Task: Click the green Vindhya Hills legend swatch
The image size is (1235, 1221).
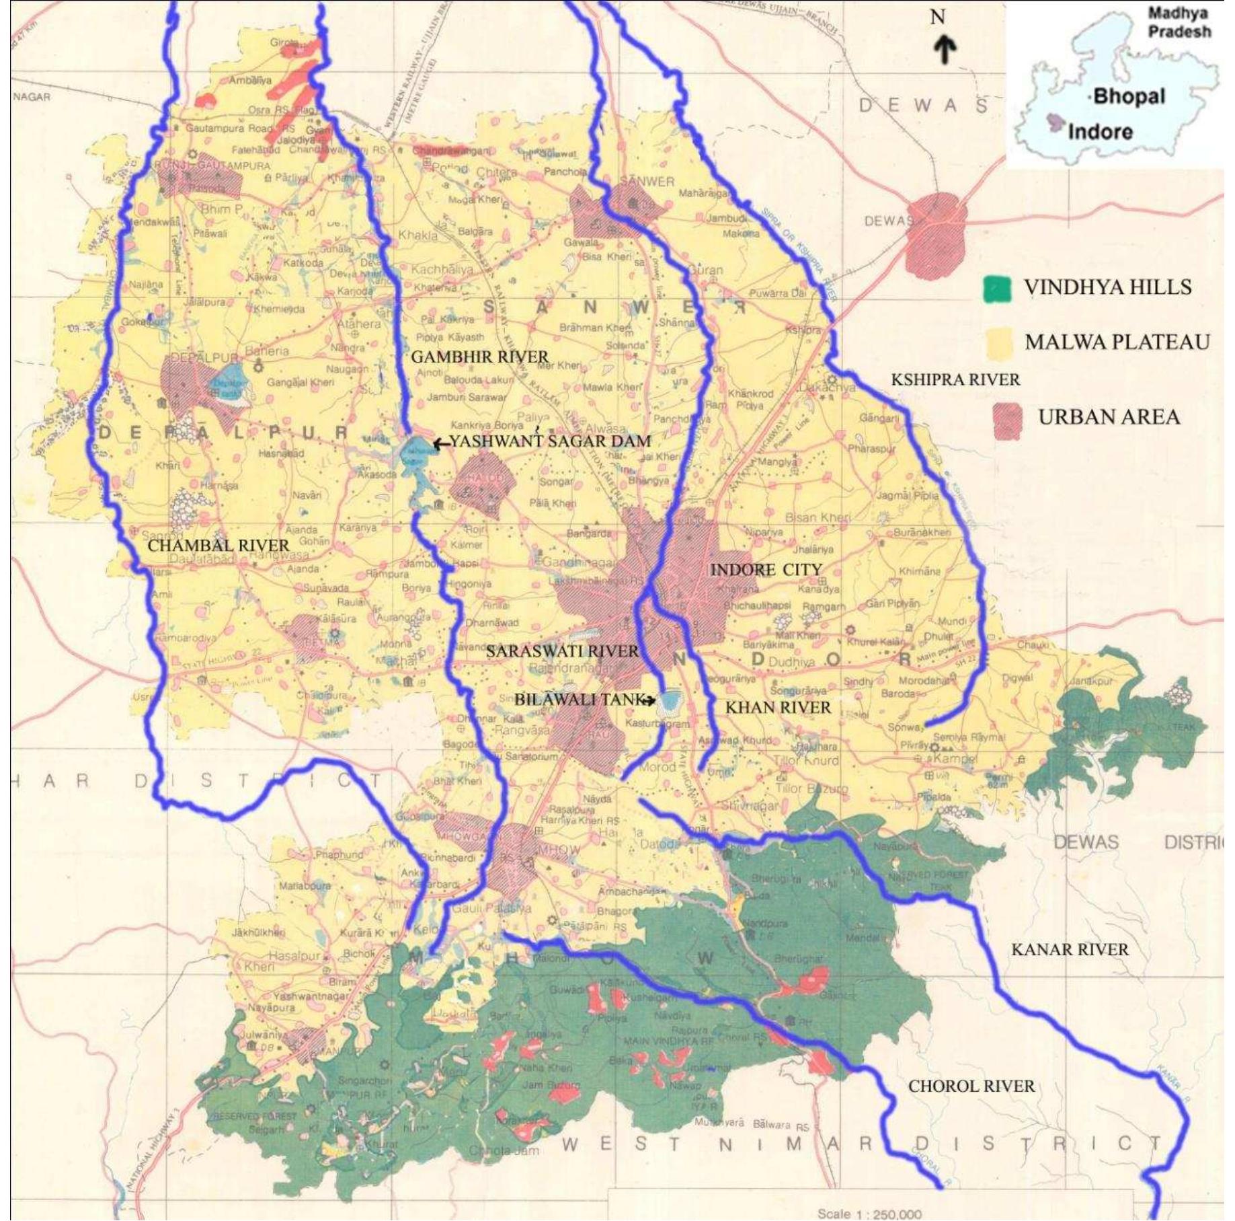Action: tap(997, 289)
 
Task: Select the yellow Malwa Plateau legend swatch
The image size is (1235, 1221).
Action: tap(997, 343)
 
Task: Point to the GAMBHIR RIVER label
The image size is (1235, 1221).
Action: tap(479, 357)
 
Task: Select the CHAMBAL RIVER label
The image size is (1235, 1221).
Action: tap(218, 546)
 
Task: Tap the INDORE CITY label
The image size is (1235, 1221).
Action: tap(766, 570)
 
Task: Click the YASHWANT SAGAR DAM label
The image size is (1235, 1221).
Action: tap(549, 441)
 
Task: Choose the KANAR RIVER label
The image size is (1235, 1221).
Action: tap(1070, 950)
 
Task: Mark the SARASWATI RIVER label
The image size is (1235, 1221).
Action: tap(562, 651)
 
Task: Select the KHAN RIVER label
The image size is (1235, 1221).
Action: tap(778, 707)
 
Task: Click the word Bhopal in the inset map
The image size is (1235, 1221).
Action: tap(1129, 96)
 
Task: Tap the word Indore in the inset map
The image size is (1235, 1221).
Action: tap(1100, 131)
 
